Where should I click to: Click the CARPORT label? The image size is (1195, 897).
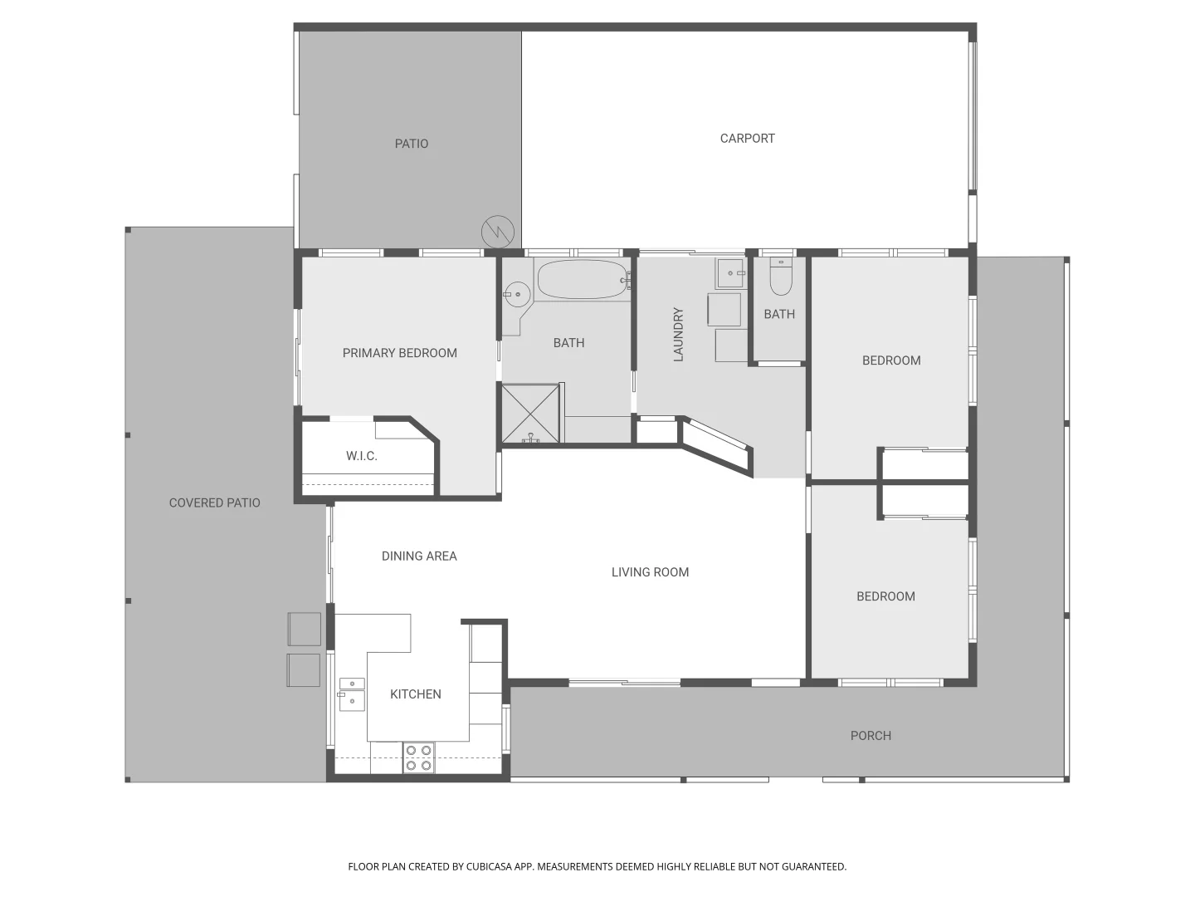747,139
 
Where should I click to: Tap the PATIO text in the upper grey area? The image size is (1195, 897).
412,144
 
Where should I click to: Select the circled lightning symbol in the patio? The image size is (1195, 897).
498,232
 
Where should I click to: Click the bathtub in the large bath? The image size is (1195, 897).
583,280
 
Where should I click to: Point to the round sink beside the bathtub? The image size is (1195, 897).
517,293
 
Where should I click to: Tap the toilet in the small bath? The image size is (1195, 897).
781,277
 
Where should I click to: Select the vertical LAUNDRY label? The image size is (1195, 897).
678,334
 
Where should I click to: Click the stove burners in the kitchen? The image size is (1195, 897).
419,757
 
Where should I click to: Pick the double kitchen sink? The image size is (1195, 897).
351,694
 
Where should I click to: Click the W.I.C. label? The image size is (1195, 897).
362,456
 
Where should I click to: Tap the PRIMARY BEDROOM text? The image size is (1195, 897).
400,353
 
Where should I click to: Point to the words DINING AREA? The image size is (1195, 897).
419,556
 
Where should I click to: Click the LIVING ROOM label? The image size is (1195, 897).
650,572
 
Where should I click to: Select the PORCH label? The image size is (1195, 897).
871,736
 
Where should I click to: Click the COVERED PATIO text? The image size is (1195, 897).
214,502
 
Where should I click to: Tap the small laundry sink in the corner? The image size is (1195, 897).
730,272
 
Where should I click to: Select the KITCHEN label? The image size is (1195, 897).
416,694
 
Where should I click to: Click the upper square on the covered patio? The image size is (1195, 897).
304,629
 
